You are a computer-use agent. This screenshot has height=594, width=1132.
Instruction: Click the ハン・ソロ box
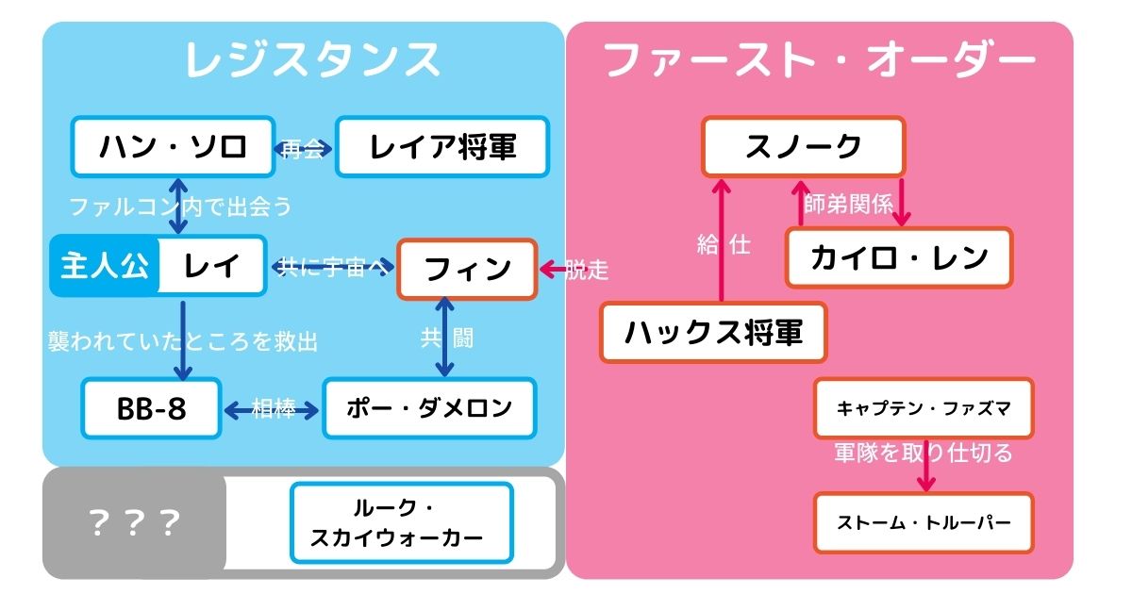tap(173, 147)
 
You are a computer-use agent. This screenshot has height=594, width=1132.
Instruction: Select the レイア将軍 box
tap(442, 147)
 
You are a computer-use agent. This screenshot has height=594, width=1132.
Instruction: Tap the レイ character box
tap(212, 266)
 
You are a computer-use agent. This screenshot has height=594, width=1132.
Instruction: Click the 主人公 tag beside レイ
tap(105, 266)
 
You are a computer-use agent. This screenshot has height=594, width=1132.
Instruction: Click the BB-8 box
tap(151, 408)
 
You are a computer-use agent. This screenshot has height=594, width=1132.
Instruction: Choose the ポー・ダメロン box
tap(429, 408)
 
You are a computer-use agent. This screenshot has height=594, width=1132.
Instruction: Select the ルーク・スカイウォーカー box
tap(402, 522)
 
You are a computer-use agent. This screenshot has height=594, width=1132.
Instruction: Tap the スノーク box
tap(803, 146)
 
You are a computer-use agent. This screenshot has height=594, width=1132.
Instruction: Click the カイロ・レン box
tap(899, 256)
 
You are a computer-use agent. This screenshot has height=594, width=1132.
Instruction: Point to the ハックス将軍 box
tap(713, 332)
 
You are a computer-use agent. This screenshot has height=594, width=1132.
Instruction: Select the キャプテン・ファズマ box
tap(924, 408)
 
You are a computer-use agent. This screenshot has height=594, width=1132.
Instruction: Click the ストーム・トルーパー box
tap(924, 521)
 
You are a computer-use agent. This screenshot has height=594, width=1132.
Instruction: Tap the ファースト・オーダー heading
tap(819, 60)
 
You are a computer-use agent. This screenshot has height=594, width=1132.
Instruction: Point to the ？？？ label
tap(133, 522)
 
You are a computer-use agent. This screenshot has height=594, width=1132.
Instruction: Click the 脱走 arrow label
tap(587, 271)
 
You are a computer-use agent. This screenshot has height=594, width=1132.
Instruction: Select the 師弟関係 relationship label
tap(848, 204)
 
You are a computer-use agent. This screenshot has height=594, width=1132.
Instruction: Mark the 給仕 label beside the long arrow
tap(724, 245)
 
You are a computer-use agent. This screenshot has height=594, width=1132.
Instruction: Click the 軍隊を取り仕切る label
tap(924, 454)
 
